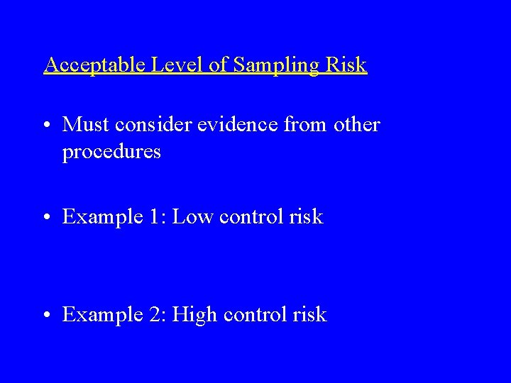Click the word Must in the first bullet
coord(84,125)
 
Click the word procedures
coord(111,152)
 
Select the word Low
coord(191,217)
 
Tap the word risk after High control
coord(310,314)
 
